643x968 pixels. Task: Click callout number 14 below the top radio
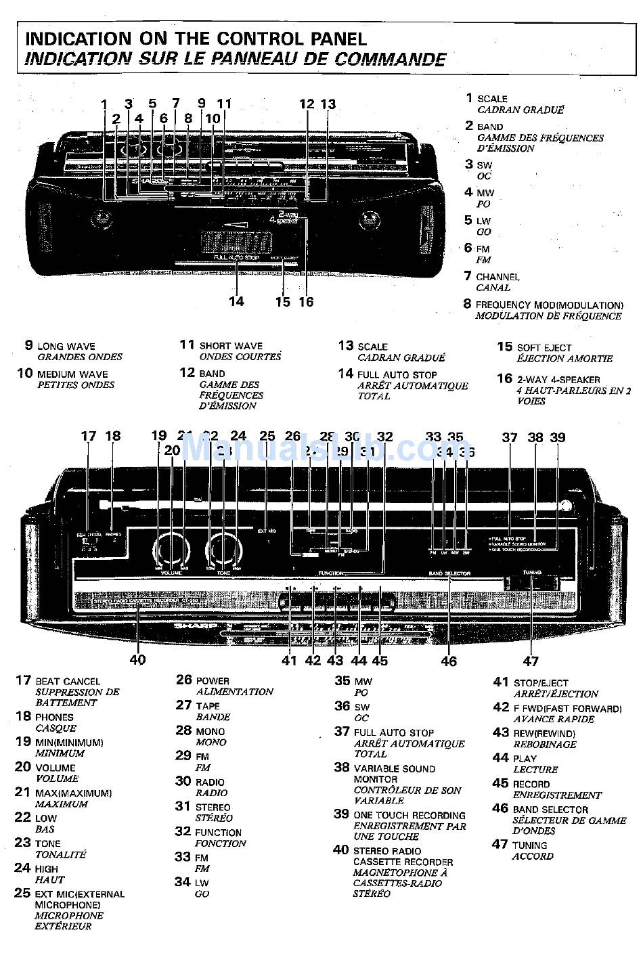point(236,301)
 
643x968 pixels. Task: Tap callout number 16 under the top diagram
point(307,302)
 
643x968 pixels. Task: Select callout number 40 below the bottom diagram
point(137,659)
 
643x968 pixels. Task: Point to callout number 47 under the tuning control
point(531,661)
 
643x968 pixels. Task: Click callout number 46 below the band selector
point(449,661)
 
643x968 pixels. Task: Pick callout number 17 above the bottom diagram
point(89,437)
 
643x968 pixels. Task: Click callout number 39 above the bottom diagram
point(557,437)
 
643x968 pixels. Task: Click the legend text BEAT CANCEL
point(68,682)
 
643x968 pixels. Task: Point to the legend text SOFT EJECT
point(544,348)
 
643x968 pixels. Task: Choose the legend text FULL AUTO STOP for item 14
point(397,375)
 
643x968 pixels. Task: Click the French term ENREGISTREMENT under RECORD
point(557,795)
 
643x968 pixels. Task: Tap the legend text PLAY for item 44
point(525,759)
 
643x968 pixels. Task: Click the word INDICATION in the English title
point(78,39)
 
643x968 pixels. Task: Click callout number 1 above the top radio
point(104,104)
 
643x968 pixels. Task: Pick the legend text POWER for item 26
point(213,681)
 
